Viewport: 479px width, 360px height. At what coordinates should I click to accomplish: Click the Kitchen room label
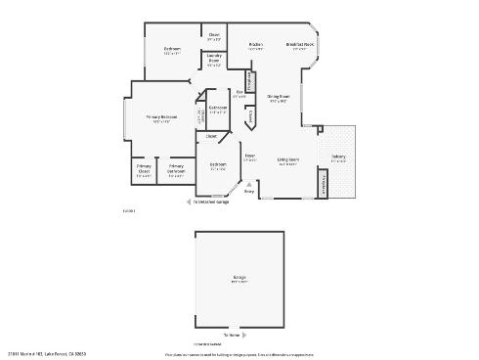256,44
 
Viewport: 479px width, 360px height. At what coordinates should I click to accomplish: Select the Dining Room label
278,96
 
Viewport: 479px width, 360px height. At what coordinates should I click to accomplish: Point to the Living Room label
287,159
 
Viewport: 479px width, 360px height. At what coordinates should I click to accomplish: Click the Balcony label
337,157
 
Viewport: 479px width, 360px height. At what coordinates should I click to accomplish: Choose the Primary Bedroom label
160,117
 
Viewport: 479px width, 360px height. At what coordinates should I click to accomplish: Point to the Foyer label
250,156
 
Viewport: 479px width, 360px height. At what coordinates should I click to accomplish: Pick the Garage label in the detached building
239,280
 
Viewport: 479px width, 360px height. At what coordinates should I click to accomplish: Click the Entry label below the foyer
248,192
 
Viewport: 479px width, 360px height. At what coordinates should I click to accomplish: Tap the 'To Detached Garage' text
209,202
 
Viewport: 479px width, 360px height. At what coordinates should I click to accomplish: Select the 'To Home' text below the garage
232,336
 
